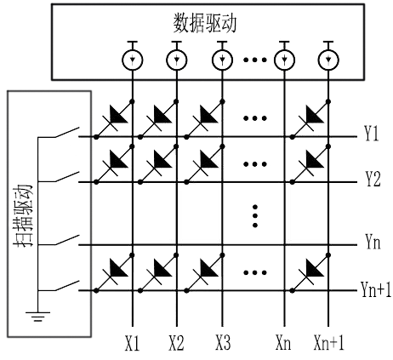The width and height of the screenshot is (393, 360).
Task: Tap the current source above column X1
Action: click(131, 60)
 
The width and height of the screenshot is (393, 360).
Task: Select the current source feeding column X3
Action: click(222, 60)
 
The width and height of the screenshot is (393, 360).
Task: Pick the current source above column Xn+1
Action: click(326, 60)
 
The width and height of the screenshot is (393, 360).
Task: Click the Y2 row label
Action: click(371, 181)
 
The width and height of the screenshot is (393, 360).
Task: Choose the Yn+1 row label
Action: click(374, 291)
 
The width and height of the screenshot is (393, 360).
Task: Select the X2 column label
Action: click(176, 345)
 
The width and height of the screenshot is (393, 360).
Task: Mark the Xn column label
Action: click(284, 345)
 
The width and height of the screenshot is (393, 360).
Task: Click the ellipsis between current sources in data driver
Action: click(254, 60)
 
